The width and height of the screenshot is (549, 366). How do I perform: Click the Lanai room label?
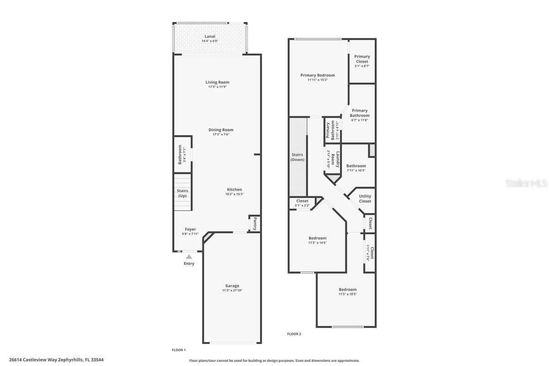(210, 36)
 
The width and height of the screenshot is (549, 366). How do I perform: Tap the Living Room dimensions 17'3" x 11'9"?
(217, 87)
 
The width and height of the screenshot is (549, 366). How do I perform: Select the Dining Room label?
(221, 129)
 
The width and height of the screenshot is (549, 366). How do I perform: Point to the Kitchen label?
(234, 189)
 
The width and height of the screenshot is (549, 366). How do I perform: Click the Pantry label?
(255, 224)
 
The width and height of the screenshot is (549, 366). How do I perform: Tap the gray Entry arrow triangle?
(189, 256)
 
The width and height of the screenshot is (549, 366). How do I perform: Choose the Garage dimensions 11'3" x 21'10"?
(232, 291)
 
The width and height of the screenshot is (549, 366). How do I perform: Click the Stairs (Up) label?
(183, 193)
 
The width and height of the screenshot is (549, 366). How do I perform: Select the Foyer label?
(190, 229)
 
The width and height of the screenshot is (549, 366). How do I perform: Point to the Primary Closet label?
(362, 59)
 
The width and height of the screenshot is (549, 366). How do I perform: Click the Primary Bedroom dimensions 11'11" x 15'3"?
(318, 80)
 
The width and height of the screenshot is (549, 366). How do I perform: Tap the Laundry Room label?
(335, 159)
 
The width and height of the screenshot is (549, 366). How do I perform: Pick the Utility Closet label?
(365, 199)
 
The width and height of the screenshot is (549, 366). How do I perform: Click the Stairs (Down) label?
(297, 157)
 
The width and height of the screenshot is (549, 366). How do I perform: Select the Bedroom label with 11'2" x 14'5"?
(318, 238)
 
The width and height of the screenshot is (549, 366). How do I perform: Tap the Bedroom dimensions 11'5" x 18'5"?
(348, 294)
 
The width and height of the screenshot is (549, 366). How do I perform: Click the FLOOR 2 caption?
(294, 334)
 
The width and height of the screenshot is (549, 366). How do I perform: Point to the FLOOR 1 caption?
(179, 350)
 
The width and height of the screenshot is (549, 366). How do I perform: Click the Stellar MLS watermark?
(526, 183)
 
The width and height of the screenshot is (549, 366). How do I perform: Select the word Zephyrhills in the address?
(71, 360)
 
